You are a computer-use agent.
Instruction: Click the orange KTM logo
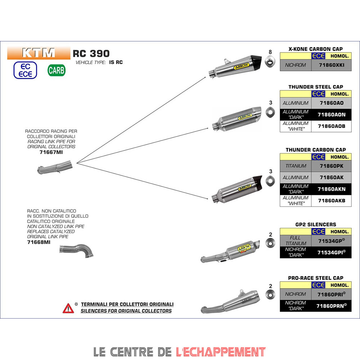click(x=39, y=53)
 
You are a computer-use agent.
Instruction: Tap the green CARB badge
click(x=57, y=70)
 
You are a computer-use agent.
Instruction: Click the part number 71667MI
click(x=51, y=152)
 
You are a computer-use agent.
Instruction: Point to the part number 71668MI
click(x=39, y=242)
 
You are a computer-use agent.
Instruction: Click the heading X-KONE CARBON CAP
click(x=315, y=49)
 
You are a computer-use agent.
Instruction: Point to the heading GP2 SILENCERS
click(x=315, y=224)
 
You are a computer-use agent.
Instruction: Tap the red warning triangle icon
click(x=68, y=308)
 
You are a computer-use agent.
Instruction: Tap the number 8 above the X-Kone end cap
click(x=270, y=52)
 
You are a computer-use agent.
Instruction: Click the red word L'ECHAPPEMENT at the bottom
click(x=221, y=351)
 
